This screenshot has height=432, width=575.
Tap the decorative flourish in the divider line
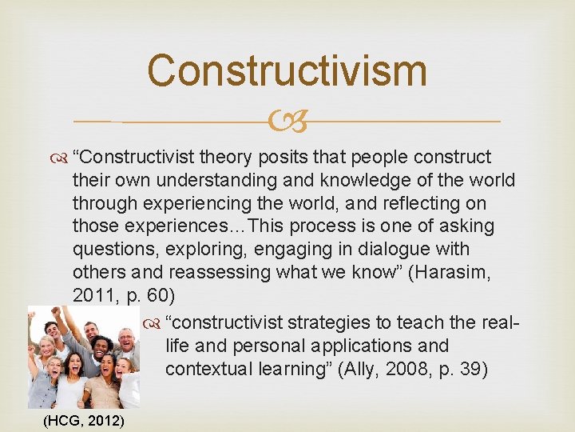(287, 122)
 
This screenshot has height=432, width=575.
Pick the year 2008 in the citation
(403, 369)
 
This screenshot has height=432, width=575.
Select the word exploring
(188, 249)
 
